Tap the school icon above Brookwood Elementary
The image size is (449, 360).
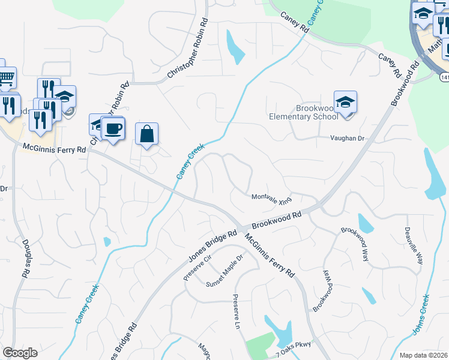345,102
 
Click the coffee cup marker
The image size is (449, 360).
113,128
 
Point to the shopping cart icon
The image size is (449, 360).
6,77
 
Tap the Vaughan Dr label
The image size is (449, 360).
347,138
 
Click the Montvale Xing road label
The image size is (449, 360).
271,198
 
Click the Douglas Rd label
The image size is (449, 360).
26,259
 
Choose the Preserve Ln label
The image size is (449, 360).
237,311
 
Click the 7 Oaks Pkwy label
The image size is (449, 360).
295,352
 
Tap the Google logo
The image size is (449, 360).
20,353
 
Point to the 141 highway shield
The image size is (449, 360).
444,77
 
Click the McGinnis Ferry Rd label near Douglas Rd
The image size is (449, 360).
55,149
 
